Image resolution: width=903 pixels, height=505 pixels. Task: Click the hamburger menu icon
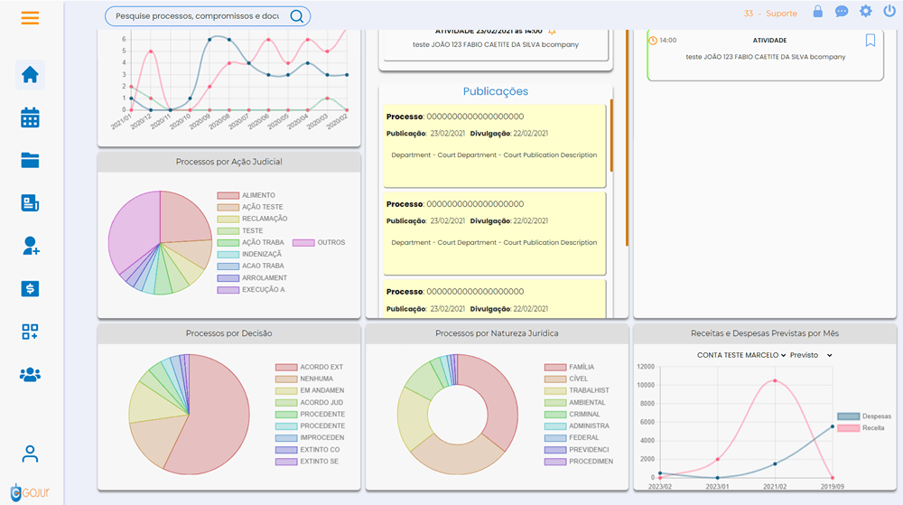[x=30, y=17]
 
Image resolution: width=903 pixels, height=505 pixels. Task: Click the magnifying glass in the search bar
[x=296, y=16]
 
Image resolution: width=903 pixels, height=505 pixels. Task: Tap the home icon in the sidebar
[x=30, y=75]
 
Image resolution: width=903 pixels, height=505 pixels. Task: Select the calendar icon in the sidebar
[x=30, y=117]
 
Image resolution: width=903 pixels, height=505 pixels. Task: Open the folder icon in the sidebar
[x=30, y=160]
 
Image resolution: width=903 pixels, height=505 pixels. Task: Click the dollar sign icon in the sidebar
[x=30, y=289]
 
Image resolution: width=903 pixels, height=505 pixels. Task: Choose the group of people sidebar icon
[x=30, y=374]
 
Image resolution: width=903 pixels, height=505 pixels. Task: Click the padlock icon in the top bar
[x=818, y=12]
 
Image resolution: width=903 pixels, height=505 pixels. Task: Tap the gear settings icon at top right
[x=866, y=12]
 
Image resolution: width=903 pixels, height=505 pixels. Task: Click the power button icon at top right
[x=889, y=12]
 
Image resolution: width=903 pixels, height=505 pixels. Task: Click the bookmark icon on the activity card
[x=870, y=41]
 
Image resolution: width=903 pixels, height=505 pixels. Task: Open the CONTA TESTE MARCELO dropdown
[x=741, y=355]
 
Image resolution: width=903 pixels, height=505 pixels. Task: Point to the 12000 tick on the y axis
[x=645, y=367]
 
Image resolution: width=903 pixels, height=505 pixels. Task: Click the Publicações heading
[x=496, y=91]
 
